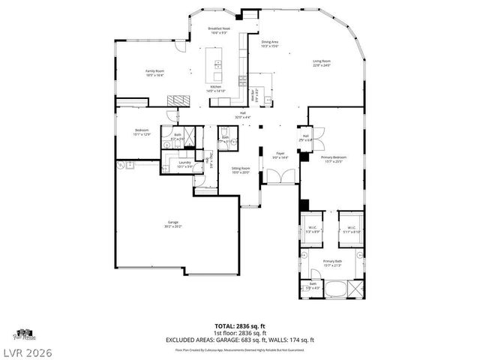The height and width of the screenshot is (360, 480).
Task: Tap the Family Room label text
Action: [154, 73]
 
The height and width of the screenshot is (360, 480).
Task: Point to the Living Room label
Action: [321, 63]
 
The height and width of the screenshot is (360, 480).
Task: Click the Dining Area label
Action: [270, 44]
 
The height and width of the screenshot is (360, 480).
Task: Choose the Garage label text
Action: [172, 224]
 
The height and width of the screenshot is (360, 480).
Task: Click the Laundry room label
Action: [184, 164]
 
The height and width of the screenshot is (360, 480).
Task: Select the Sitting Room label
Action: [239, 170]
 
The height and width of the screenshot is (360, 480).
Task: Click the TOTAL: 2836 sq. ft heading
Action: [240, 325]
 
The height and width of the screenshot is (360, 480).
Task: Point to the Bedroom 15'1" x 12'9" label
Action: [142, 132]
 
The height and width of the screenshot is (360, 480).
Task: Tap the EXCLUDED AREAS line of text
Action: [240, 340]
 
